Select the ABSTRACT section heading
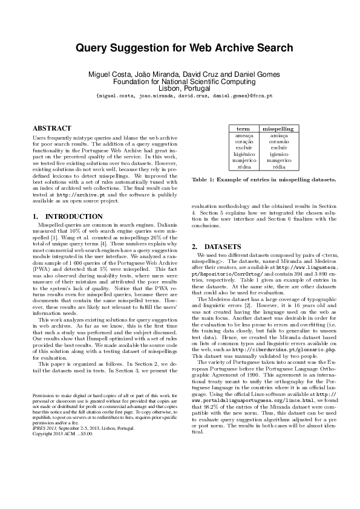coord(51,129)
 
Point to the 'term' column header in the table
coord(243,129)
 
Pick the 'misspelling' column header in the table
coord(278,129)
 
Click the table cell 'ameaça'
coord(243,137)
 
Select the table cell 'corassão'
coord(278,143)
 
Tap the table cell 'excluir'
coord(243,149)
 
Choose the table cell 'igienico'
coord(278,155)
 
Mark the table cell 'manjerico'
coord(243,161)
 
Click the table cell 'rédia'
coord(278,167)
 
